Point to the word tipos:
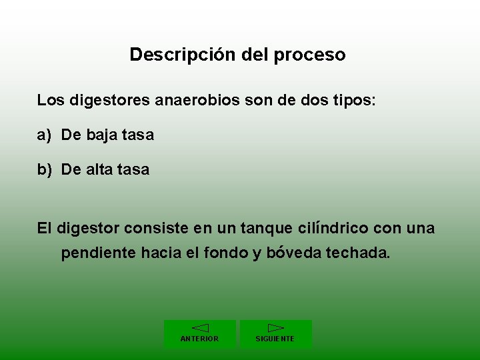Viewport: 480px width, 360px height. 353,101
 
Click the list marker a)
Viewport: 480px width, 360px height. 44,135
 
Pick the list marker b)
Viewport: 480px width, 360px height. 44,170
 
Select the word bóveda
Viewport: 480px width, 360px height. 296,254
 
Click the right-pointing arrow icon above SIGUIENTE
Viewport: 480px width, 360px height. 275,328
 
